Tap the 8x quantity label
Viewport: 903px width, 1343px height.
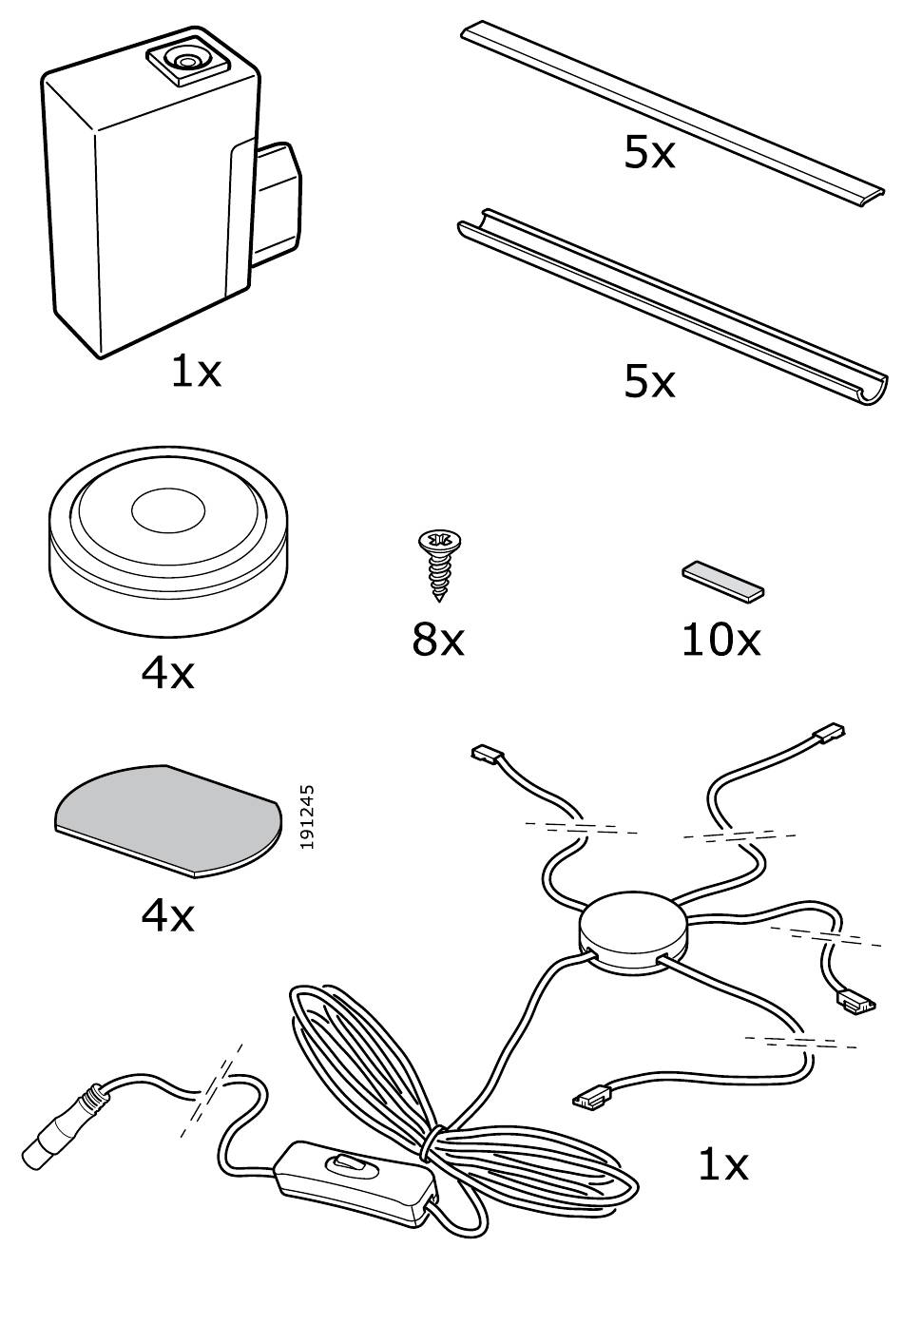click(x=438, y=640)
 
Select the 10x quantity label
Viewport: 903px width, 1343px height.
click(x=720, y=640)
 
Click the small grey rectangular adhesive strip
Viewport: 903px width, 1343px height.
click(x=723, y=581)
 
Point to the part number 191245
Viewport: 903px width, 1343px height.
click(x=306, y=815)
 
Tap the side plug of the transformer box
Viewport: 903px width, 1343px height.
click(x=276, y=202)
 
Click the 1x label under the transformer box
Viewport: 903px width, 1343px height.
click(x=196, y=370)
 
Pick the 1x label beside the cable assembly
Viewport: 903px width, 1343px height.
click(x=722, y=1163)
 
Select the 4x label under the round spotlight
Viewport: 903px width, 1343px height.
click(x=167, y=673)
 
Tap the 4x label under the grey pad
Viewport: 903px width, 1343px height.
click(x=167, y=914)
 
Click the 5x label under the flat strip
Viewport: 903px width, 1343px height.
click(x=649, y=152)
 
